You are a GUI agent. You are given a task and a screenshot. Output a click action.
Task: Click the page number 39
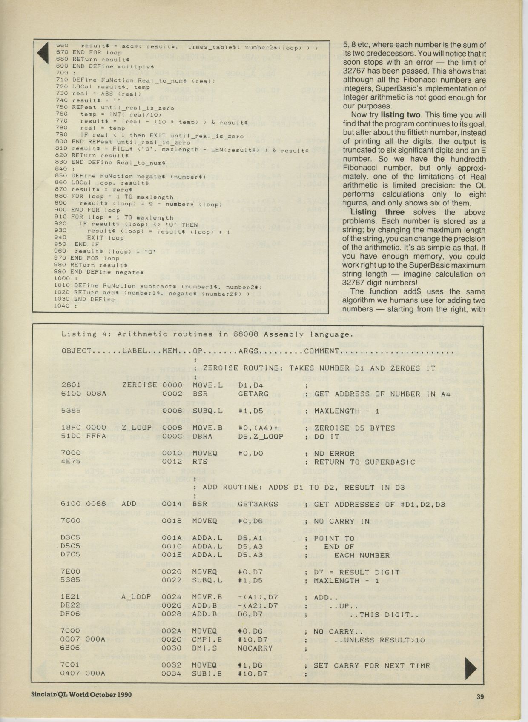tap(480, 696)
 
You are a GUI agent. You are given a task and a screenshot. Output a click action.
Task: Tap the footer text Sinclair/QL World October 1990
tap(81, 694)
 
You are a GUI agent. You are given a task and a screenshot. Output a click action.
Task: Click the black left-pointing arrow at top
tap(43, 53)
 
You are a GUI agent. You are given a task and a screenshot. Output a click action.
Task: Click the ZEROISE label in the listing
tap(140, 385)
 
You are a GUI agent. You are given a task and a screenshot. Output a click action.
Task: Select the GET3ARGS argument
tap(258, 504)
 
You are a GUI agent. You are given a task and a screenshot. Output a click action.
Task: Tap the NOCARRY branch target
tap(254, 648)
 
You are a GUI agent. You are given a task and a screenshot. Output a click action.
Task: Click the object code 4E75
tap(71, 461)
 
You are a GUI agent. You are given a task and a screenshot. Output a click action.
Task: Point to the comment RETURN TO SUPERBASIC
tap(364, 462)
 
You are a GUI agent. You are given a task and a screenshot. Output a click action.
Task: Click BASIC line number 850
tap(61, 176)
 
